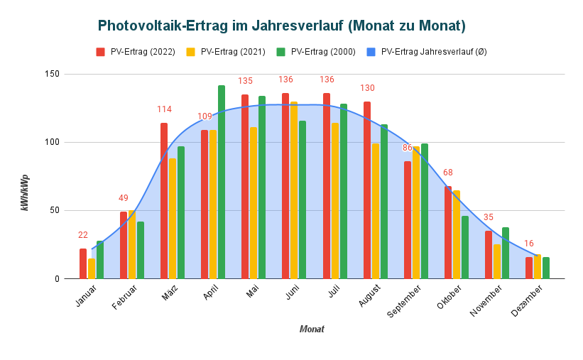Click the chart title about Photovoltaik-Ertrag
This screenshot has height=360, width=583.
(281, 26)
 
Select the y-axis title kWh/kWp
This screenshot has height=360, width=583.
(26, 192)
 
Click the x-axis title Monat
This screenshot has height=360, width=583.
(312, 329)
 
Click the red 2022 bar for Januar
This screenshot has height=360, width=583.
(83, 263)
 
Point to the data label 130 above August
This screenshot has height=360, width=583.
(367, 88)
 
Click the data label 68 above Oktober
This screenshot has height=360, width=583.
(448, 173)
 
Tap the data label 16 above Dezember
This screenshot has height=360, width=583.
(529, 244)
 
